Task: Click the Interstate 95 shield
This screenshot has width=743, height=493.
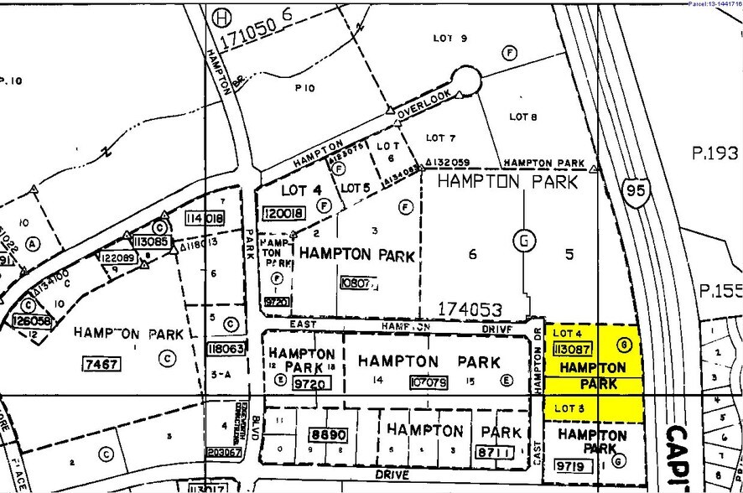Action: coord(636,192)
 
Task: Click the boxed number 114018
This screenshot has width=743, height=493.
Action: coord(205,218)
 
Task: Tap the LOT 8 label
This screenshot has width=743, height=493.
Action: coord(522,117)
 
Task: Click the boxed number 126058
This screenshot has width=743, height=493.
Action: coord(33,320)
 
